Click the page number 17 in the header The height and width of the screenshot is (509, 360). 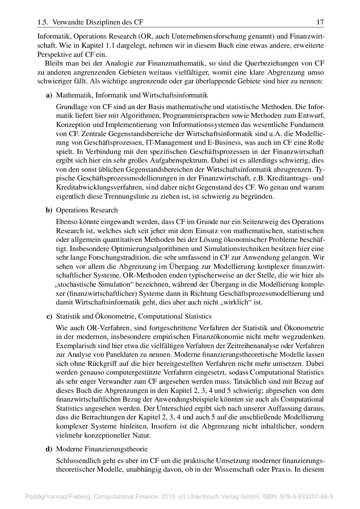click(x=320, y=22)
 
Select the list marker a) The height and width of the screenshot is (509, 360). click(x=49, y=96)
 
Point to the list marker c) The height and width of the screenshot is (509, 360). click(x=49, y=317)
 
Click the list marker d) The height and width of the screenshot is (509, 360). click(x=49, y=449)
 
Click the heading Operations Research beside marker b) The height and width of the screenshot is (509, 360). click(x=87, y=210)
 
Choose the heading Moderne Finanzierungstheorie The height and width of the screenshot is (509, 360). click(x=102, y=449)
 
